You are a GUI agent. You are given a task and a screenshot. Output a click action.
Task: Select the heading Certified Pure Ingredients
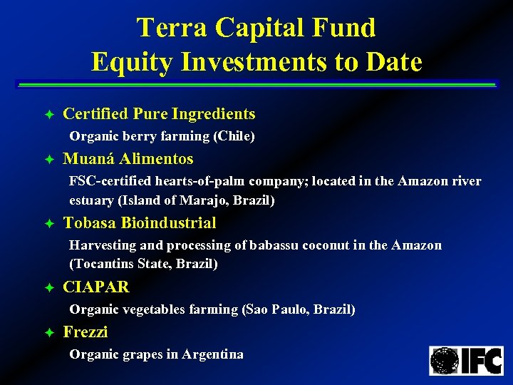point(159,114)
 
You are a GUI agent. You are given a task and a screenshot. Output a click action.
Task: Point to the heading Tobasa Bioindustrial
point(140,223)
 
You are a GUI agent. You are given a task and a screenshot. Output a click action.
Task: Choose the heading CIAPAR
point(96,287)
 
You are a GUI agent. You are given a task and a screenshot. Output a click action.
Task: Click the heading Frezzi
point(85,332)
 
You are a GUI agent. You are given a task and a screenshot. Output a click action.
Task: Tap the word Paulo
point(289,309)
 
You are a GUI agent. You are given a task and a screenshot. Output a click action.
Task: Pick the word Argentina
point(212,354)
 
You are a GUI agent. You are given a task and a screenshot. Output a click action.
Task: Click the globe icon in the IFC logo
point(445,361)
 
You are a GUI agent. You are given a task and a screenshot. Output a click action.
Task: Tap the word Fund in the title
point(348,28)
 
